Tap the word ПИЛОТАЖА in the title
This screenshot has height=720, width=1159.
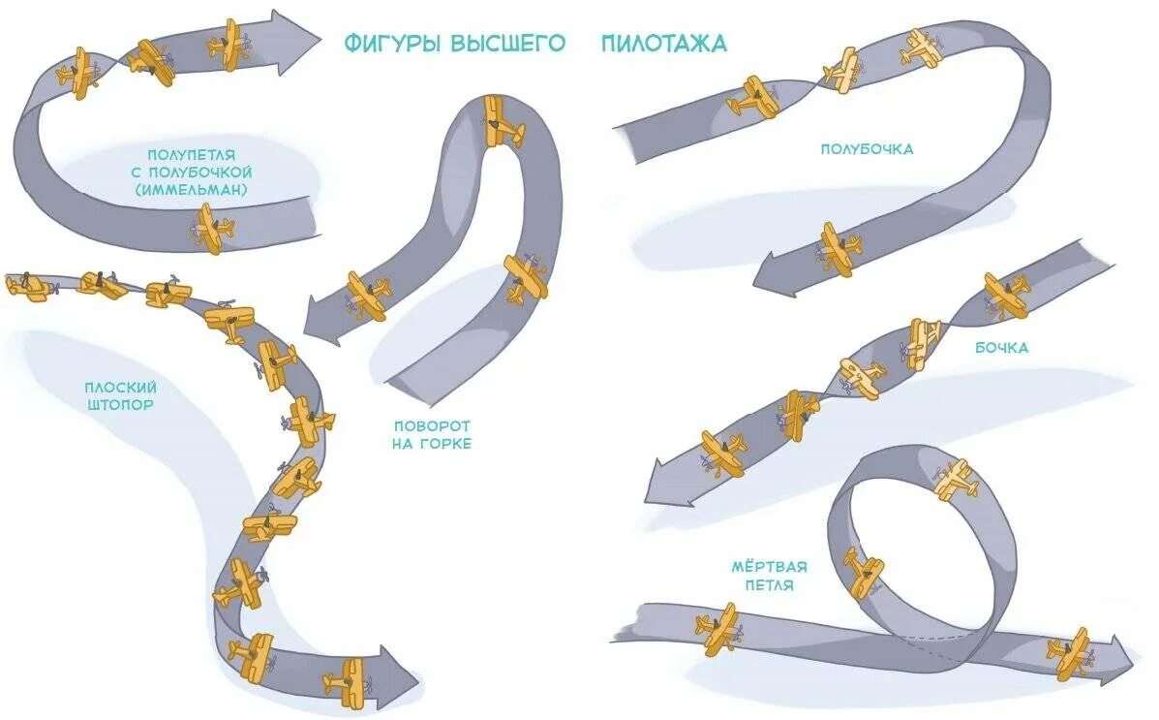click(x=663, y=45)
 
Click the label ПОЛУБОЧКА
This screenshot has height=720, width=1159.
click(x=867, y=149)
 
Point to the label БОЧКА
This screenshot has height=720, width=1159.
click(x=1001, y=347)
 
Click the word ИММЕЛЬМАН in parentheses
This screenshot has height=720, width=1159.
click(x=192, y=189)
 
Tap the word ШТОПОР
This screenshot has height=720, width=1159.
click(x=118, y=405)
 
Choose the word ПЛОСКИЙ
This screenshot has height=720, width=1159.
click(x=118, y=387)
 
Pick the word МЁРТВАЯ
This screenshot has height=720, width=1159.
click(x=771, y=567)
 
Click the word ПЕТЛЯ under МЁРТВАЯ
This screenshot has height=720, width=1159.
click(x=771, y=585)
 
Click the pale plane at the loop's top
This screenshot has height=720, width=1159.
click(x=955, y=480)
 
